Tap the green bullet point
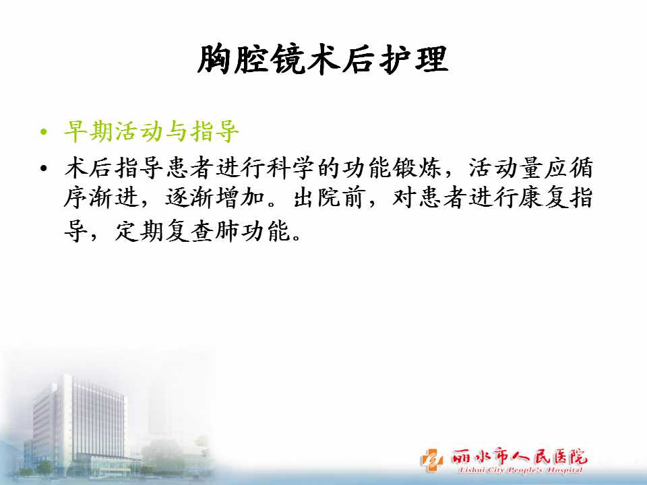point(44,133)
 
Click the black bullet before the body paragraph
point(44,168)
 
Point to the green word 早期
point(89,131)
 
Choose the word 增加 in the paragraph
point(240,197)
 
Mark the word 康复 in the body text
point(543,197)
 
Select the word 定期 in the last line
point(139,231)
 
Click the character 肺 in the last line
point(227,231)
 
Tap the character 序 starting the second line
point(76,197)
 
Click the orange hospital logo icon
point(432,459)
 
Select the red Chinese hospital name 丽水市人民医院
point(519,456)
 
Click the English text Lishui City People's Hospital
point(520,470)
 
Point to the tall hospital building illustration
point(78,425)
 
